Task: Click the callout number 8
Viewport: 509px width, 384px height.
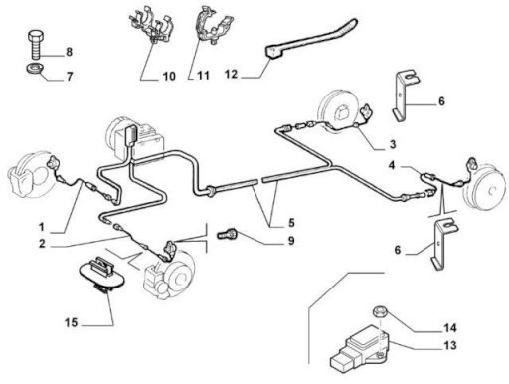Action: click(69, 52)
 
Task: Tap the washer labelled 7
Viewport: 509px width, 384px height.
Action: click(35, 69)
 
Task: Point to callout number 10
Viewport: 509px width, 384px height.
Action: click(169, 77)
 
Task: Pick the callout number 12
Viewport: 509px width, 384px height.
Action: click(231, 74)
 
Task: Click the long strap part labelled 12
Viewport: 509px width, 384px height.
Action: click(311, 38)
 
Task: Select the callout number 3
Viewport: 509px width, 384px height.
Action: click(393, 144)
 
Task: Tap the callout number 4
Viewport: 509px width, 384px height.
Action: click(392, 165)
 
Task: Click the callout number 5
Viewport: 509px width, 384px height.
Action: click(291, 223)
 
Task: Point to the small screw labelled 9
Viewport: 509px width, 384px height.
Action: click(227, 235)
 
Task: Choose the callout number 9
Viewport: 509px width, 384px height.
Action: click(291, 241)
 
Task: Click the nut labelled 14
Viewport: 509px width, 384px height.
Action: click(378, 312)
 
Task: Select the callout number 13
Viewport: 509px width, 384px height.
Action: click(450, 345)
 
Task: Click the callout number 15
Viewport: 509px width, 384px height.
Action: click(71, 322)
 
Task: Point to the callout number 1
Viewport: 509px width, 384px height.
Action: click(42, 227)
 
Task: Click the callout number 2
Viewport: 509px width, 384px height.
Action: click(42, 244)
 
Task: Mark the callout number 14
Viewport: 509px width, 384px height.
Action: click(450, 328)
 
